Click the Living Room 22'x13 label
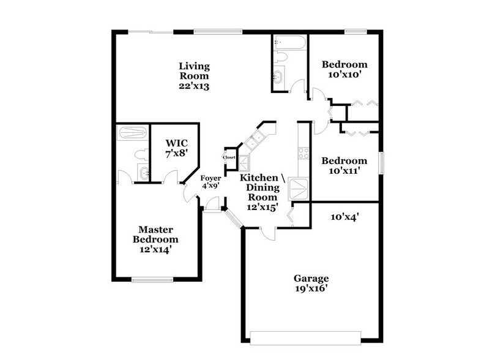pos(194,76)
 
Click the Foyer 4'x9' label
pos(210,182)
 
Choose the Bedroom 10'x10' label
pos(344,70)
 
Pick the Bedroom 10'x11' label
pos(344,167)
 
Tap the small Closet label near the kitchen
pos(229,157)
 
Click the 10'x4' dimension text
pos(344,216)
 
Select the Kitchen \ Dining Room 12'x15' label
pos(262,192)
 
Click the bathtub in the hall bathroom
pos(289,43)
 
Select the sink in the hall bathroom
pos(279,78)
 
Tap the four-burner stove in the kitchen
pos(302,153)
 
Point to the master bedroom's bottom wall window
pos(152,280)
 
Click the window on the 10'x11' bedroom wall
pos(381,163)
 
